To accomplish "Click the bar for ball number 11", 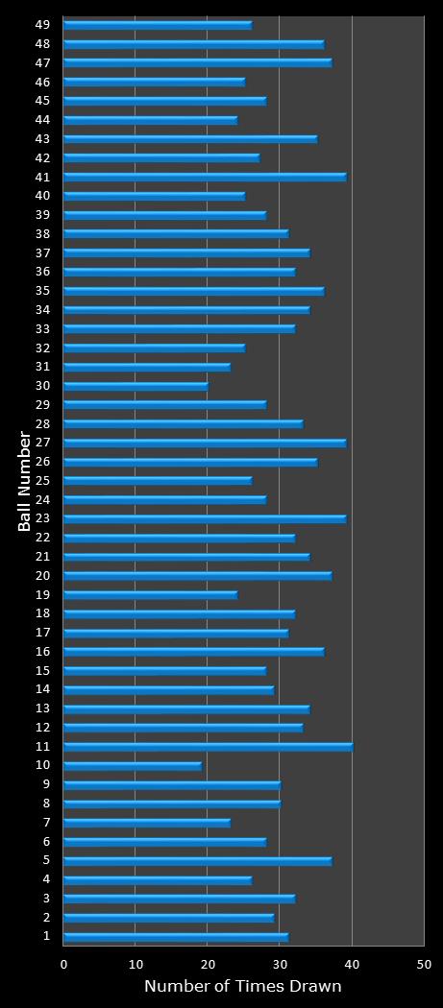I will [208, 746].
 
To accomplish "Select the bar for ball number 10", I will [133, 765].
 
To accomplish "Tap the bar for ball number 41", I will [205, 177].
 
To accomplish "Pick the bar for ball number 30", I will [135, 386].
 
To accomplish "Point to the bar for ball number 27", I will [205, 443].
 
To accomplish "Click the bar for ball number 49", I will [158, 25].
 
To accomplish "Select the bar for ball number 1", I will [176, 936].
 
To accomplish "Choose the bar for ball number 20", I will [197, 575].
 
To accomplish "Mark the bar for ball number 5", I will [197, 860].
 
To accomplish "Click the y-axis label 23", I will [43, 518].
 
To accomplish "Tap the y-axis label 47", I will [43, 62].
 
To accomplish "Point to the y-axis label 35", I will [43, 291].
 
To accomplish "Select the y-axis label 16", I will [43, 652].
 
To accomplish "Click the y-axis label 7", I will [47, 823].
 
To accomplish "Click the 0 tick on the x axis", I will [64, 963].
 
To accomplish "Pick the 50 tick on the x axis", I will [424, 963].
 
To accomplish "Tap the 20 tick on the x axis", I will [208, 963].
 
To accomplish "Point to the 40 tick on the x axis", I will [352, 963].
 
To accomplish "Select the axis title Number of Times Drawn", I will [243, 987].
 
